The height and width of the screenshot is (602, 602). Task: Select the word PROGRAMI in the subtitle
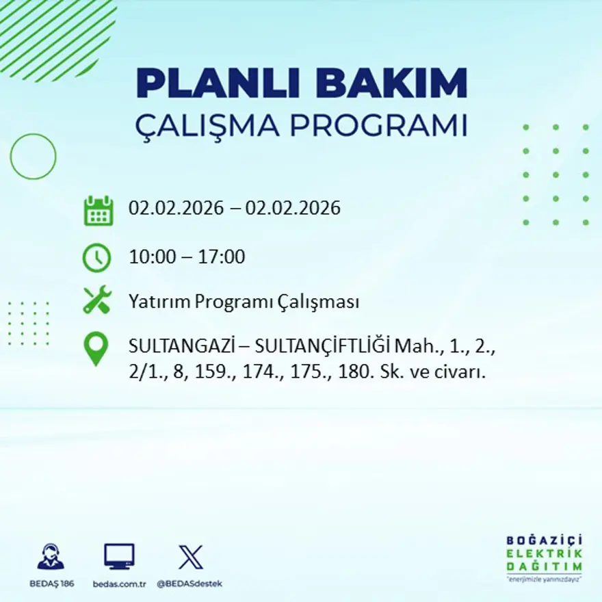pos(383,126)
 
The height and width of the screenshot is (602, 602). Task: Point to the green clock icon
pos(96,257)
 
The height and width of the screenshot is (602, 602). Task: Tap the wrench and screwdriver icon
pos(97,300)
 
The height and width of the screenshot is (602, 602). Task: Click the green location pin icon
pos(96,348)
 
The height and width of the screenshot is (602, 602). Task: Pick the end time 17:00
pos(222,258)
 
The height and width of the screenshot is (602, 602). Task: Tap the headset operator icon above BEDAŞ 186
pos(51,557)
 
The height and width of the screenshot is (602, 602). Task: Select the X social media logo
pos(190,557)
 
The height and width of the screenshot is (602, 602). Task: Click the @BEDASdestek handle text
pos(189,584)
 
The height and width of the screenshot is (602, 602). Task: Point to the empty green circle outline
pos(33,157)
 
